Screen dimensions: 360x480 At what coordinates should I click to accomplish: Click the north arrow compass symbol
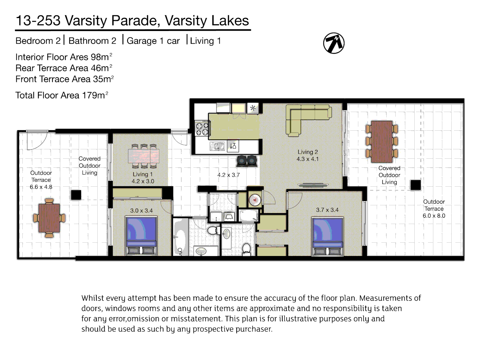tap(334, 43)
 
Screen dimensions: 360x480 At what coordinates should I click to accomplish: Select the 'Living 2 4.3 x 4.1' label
tap(308, 156)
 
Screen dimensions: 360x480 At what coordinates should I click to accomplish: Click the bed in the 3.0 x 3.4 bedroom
tap(141, 235)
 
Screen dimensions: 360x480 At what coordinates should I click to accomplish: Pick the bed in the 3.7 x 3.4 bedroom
tap(327, 236)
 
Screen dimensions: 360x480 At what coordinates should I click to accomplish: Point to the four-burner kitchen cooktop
tap(202, 129)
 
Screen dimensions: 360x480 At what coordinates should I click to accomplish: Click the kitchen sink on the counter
tap(217, 146)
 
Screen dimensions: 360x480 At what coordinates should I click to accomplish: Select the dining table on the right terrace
tap(382, 141)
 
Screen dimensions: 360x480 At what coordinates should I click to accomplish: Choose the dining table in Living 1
tap(144, 156)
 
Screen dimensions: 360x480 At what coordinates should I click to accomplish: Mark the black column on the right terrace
tap(415, 185)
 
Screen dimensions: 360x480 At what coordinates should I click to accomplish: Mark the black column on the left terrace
tap(76, 195)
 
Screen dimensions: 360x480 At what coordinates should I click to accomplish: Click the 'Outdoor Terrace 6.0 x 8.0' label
tap(434, 209)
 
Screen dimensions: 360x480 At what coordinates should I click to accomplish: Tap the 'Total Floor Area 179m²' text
tap(62, 95)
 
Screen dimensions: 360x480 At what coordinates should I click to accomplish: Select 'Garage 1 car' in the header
tap(153, 41)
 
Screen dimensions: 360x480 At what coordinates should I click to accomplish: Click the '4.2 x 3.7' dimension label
tap(228, 175)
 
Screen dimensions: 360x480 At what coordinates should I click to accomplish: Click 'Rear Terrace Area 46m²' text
tap(64, 68)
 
